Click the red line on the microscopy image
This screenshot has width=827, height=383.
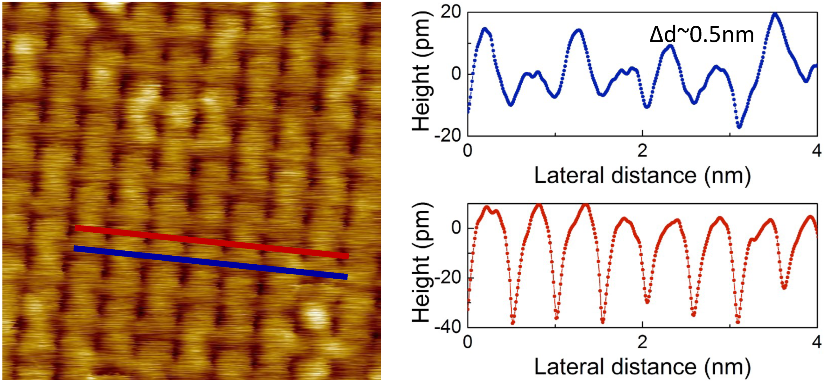212,242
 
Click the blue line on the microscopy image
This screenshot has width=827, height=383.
210,262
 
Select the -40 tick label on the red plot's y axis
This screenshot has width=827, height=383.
447,327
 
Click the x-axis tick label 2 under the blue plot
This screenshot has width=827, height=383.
642,150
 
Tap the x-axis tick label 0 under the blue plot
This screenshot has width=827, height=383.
468,150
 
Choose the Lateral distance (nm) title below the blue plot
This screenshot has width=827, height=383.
642,176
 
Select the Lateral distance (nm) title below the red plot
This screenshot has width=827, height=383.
642,367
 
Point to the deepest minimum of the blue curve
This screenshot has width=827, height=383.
739,127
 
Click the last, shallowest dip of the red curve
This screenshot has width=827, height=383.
784,287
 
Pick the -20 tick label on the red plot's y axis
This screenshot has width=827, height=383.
447,277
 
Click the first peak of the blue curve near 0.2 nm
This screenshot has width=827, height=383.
485,29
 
